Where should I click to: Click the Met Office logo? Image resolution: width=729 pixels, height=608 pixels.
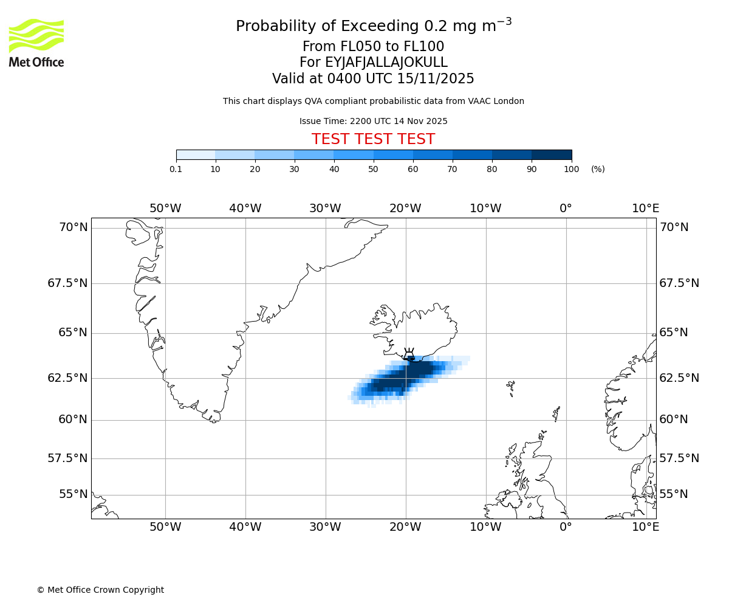36,43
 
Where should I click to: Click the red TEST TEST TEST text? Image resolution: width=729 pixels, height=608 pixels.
373,139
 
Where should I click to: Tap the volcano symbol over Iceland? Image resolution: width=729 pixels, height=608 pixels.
409,354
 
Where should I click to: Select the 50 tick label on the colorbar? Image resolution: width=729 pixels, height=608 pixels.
373,169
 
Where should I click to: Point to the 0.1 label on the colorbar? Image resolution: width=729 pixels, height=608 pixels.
176,169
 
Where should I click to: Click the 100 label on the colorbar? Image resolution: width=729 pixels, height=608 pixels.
571,169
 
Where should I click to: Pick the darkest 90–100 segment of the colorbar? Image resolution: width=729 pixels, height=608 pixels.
552,154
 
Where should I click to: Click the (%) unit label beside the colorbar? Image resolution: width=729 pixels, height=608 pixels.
598,169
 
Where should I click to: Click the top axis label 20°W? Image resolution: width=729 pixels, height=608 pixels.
405,209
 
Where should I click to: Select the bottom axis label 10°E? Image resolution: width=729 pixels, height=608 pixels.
645,527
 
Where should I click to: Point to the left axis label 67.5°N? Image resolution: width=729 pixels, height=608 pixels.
67,283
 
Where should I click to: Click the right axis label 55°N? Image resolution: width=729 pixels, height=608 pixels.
674,494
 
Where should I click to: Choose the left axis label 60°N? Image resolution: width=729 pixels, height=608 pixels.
72,420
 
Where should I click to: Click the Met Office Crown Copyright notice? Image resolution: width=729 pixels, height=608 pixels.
100,590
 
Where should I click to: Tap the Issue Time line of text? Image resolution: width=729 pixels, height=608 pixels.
373,121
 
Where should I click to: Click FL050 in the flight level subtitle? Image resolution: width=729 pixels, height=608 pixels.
349,47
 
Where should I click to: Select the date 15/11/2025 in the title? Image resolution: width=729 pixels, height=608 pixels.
436,79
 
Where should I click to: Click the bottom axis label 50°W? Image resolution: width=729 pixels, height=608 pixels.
165,527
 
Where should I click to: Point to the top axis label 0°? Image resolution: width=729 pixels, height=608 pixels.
566,209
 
